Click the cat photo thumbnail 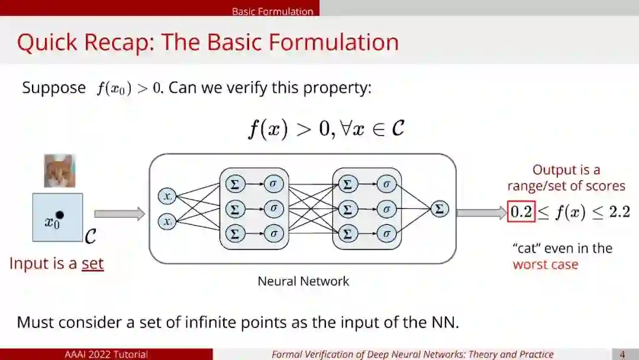pyautogui.click(x=60, y=171)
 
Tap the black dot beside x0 pyautogui.click(x=60, y=216)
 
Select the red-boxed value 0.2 pyautogui.click(x=521, y=212)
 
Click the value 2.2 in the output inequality pyautogui.click(x=619, y=212)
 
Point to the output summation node pyautogui.click(x=439, y=209)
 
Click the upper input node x pyautogui.click(x=167, y=196)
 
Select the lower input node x pyautogui.click(x=167, y=222)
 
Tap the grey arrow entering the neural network pyautogui.click(x=119, y=214)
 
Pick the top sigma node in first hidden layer pyautogui.click(x=273, y=184)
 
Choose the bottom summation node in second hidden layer pyautogui.click(x=347, y=233)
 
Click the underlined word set pyautogui.click(x=92, y=263)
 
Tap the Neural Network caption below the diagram pyautogui.click(x=303, y=281)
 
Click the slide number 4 pyautogui.click(x=622, y=355)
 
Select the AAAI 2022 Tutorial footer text pyautogui.click(x=106, y=355)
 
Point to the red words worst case pyautogui.click(x=545, y=264)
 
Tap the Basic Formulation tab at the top pyautogui.click(x=272, y=11)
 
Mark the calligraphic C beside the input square pyautogui.click(x=91, y=237)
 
